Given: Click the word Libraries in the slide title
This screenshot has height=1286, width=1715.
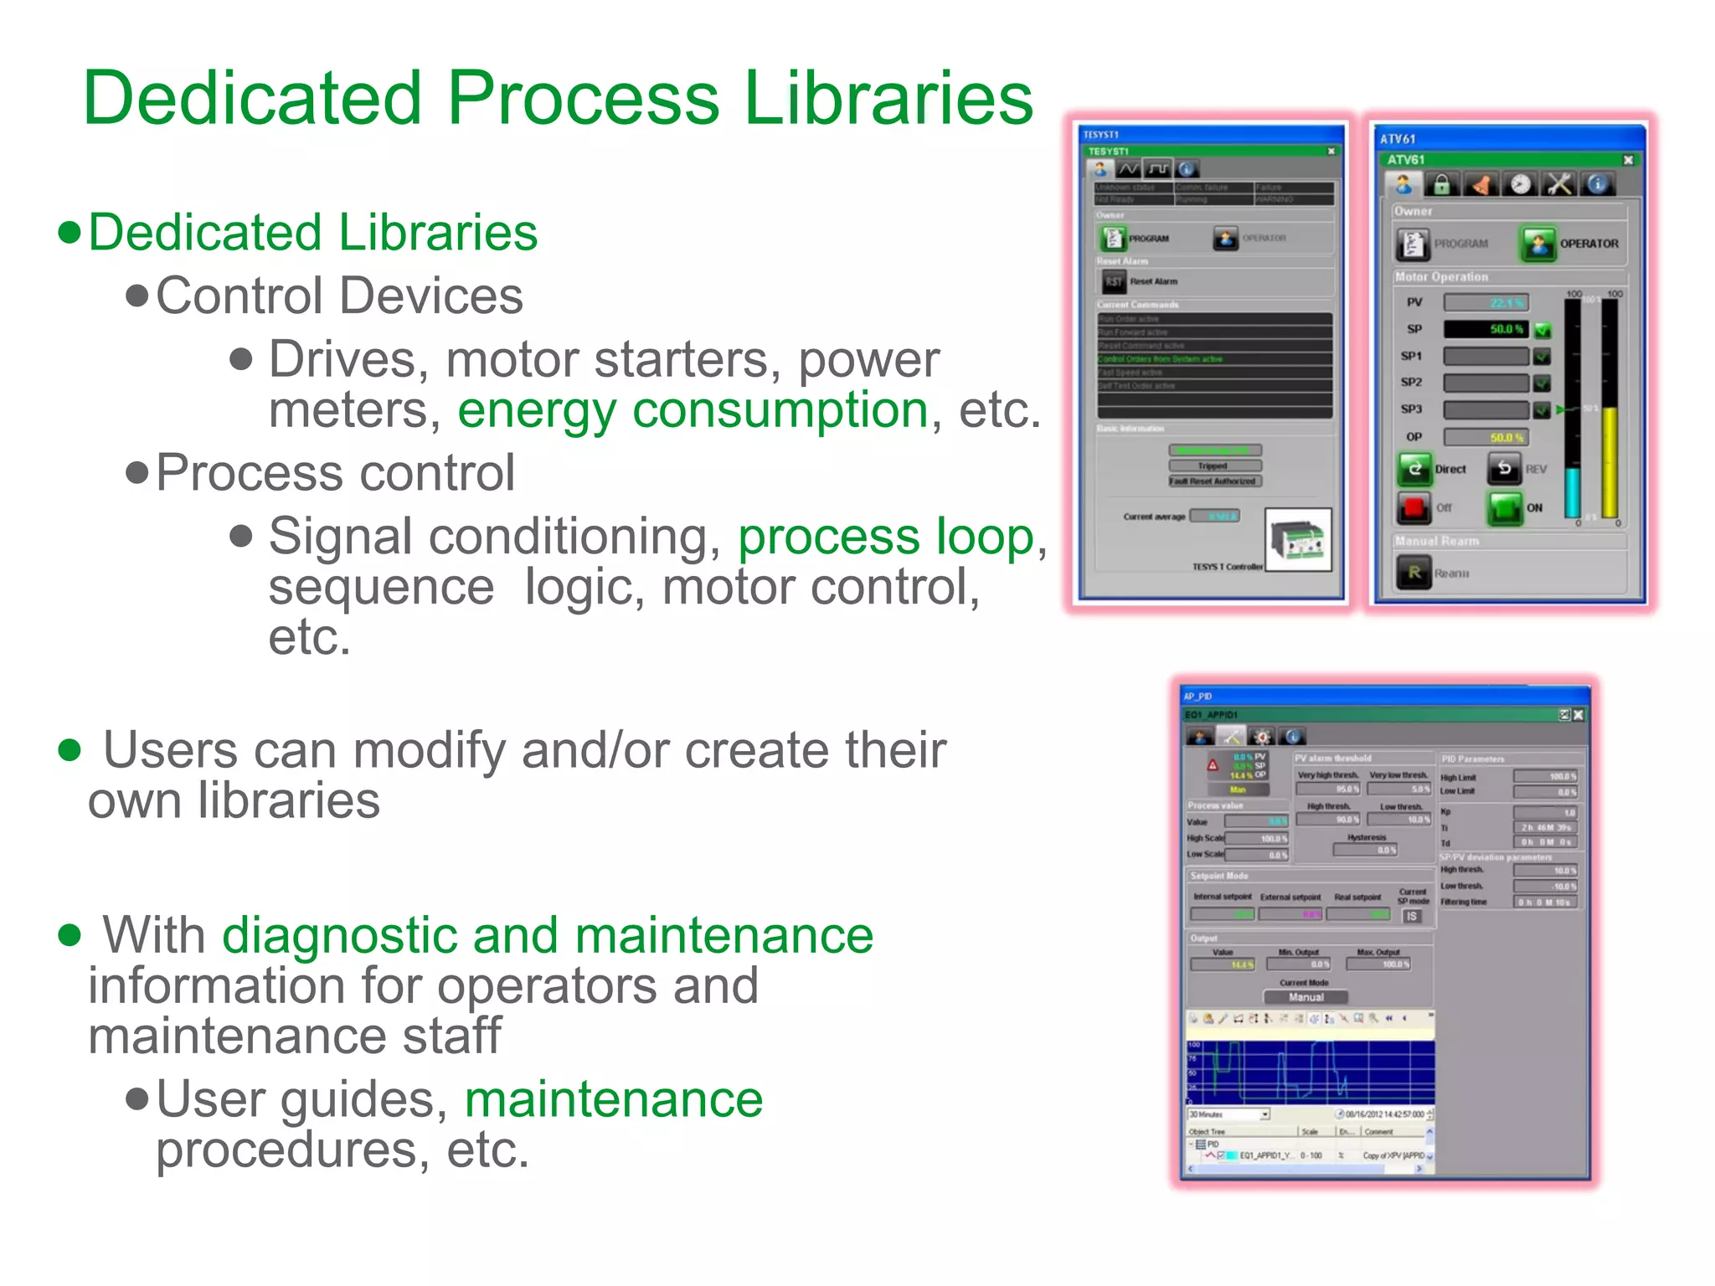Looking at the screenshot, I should coord(888,98).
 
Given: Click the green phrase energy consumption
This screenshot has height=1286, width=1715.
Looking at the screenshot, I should coord(693,410).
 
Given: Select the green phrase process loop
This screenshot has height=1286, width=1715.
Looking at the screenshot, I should coord(886,537).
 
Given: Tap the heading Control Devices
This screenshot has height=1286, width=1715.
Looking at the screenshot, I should coord(339,296).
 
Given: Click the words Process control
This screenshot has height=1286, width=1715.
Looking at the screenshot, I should coord(335,473).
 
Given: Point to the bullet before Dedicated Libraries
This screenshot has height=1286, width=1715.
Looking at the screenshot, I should coord(70,232).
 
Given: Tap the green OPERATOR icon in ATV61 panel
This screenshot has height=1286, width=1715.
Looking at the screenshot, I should coord(1538,244).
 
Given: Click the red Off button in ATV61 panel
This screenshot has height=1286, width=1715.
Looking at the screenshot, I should coord(1414,507).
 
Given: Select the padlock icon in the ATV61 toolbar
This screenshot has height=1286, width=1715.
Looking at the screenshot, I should coord(1442,184).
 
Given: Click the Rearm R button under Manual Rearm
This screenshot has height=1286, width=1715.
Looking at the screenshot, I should coord(1414,573).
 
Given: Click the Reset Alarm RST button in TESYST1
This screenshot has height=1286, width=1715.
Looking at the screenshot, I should coord(1113,281).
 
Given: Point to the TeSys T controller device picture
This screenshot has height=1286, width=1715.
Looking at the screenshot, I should coord(1298,540).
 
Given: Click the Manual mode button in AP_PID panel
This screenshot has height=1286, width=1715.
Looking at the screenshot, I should coord(1306,997).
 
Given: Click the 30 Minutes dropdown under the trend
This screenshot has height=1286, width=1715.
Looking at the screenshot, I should coord(1228,1114).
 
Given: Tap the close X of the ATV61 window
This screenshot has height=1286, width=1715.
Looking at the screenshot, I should coord(1628,160).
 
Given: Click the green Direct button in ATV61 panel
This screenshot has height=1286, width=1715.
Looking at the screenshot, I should coord(1414,469).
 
